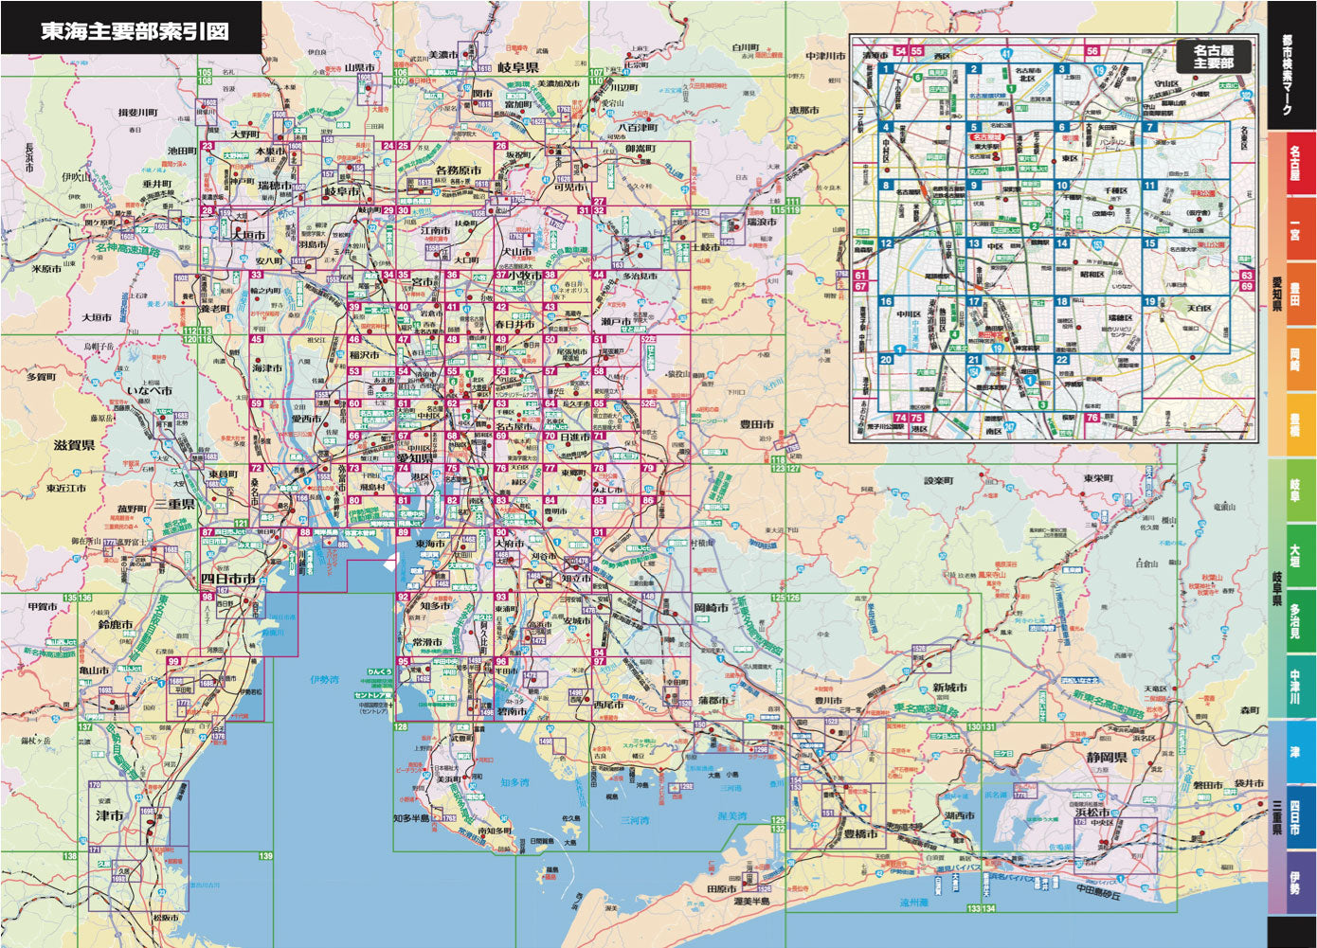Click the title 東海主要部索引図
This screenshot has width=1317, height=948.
click(133, 30)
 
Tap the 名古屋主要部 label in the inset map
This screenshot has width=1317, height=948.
click(1213, 57)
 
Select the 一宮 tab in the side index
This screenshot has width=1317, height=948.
click(1293, 233)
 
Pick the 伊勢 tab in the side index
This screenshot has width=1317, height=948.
click(1293, 883)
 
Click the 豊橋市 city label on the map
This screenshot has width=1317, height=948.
click(856, 835)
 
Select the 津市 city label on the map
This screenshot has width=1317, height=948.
click(109, 815)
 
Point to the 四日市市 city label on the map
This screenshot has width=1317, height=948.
click(227, 579)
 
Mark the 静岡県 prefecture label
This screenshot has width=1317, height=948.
click(1106, 758)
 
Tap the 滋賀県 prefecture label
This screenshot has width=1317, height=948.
click(74, 445)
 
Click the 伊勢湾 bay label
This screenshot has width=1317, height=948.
click(324, 680)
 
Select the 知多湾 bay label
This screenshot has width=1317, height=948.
click(514, 782)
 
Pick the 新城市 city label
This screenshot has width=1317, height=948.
click(948, 688)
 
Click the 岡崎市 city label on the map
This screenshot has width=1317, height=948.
click(710, 607)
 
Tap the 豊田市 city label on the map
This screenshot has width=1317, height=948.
click(756, 425)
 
